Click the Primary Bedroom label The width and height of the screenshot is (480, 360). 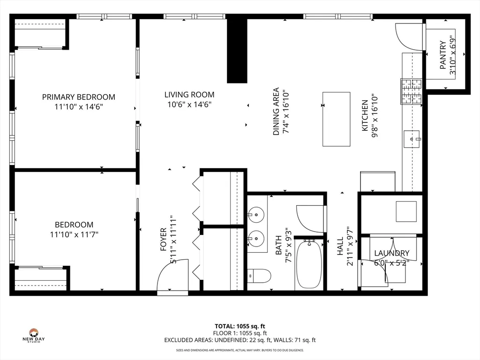[78, 97]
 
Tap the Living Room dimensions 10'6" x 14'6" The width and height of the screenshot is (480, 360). [189, 105]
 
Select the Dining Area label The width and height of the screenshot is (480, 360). [276, 112]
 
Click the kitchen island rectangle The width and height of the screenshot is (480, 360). [336, 119]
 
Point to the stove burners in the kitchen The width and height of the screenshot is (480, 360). [411, 91]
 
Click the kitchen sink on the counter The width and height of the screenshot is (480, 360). [412, 139]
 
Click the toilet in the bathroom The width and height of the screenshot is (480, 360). [258, 275]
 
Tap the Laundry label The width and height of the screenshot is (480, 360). [391, 253]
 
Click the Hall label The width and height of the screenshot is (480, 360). [340, 247]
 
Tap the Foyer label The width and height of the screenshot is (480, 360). [164, 239]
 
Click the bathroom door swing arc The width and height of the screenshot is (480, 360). [310, 218]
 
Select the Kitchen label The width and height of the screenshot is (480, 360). [364, 115]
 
